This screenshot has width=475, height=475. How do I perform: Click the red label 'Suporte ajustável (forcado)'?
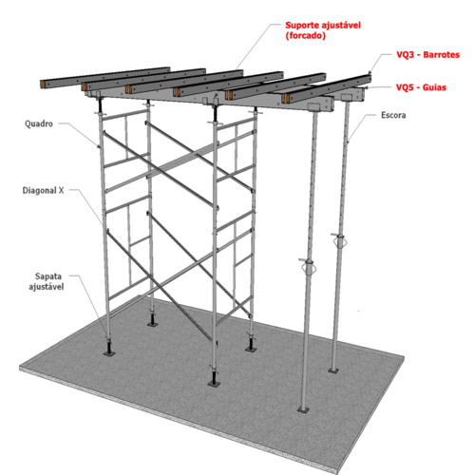[x=323, y=30]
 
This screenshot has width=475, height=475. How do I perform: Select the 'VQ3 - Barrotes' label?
[x=427, y=55]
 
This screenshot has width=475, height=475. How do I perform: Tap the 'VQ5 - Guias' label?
[x=421, y=87]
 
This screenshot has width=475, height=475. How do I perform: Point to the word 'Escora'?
[x=393, y=115]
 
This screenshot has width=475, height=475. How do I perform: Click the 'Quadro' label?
[x=39, y=123]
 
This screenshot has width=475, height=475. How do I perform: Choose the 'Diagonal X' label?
[x=43, y=190]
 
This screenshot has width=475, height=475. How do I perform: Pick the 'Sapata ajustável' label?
[x=47, y=281]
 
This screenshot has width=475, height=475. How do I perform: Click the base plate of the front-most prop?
[x=303, y=410]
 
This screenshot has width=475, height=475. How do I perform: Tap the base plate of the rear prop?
[x=332, y=370]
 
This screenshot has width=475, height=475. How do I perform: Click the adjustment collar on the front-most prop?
[x=307, y=265]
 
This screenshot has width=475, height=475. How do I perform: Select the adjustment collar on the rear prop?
[x=339, y=240]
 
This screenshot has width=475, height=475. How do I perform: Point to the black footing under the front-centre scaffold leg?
[x=214, y=379]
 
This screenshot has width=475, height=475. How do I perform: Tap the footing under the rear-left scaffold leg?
[x=152, y=320]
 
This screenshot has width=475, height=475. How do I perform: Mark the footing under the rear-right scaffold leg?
[x=251, y=345]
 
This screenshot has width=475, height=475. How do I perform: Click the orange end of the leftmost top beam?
[x=43, y=85]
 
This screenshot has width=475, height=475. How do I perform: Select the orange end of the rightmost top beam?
[x=286, y=99]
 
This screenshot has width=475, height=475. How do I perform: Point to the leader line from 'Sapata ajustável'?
[x=90, y=304]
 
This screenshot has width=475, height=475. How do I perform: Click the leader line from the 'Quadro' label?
[x=79, y=134]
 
